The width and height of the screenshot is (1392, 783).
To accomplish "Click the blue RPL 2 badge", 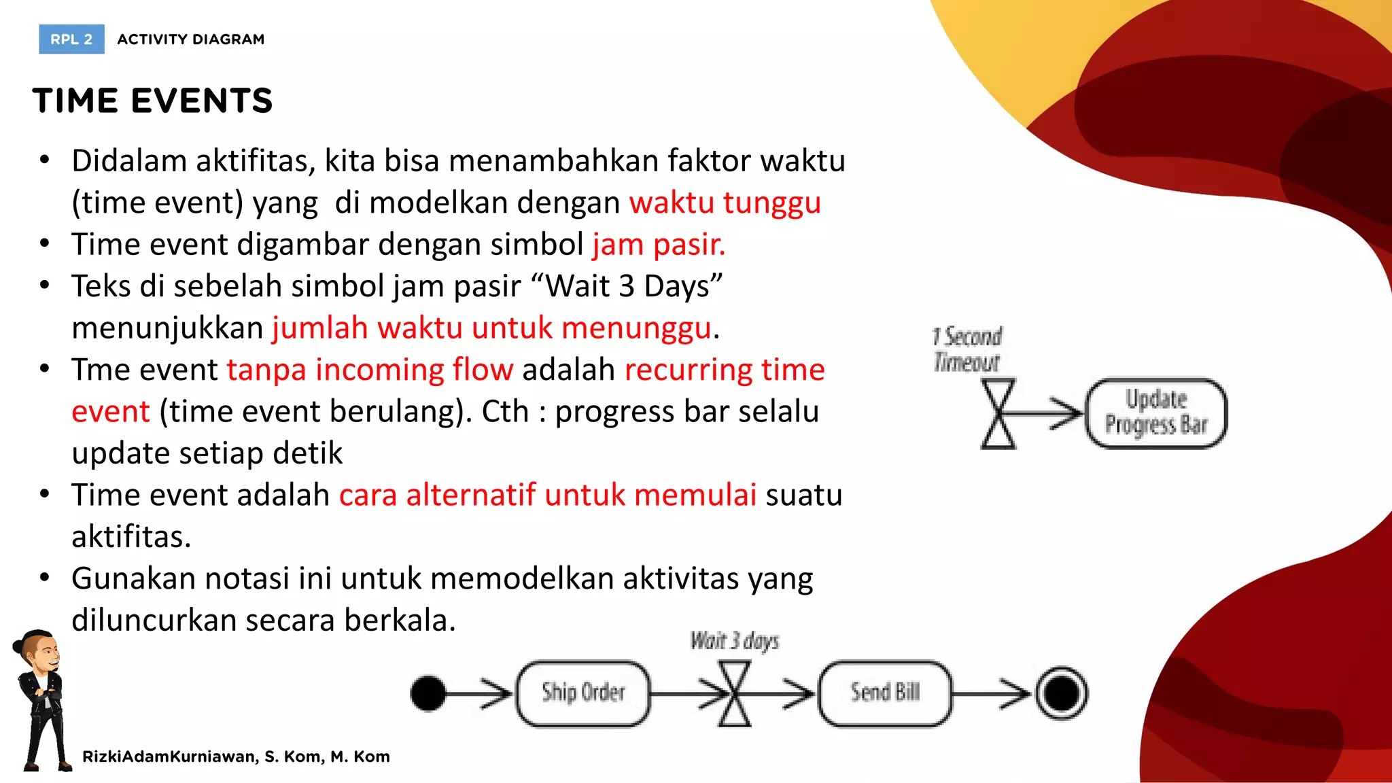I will pyautogui.click(x=71, y=39).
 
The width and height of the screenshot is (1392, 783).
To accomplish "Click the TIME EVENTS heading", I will pyautogui.click(x=152, y=101).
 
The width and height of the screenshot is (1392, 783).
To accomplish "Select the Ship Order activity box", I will pyautogui.click(x=583, y=693).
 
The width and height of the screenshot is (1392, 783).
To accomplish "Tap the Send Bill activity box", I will pyautogui.click(x=885, y=693).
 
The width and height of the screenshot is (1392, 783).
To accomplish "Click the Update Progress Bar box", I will pyautogui.click(x=1156, y=413).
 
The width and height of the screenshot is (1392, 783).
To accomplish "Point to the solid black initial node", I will pyautogui.click(x=428, y=693).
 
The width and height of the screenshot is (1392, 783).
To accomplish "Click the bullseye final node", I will pyautogui.click(x=1061, y=693).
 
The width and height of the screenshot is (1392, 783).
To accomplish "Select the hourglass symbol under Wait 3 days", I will pyautogui.click(x=735, y=693).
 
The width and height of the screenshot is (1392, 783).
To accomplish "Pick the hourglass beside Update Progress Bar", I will pyautogui.click(x=998, y=413).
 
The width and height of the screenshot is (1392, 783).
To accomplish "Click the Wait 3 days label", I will pyautogui.click(x=735, y=641).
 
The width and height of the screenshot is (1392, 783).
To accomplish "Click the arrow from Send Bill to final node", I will pyautogui.click(x=992, y=693).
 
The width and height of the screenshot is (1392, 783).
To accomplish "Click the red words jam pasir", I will pyautogui.click(x=659, y=245).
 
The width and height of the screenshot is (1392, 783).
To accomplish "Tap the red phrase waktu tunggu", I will pyautogui.click(x=725, y=203).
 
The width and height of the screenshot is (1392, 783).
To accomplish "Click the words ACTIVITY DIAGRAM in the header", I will pyautogui.click(x=191, y=39).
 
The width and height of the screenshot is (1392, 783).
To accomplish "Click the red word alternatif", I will pyautogui.click(x=470, y=495).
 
